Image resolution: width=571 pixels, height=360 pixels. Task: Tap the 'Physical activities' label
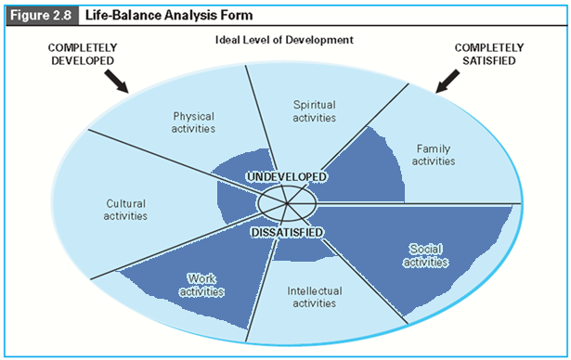click(x=193, y=122)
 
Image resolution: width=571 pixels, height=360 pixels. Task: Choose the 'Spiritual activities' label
click(x=314, y=111)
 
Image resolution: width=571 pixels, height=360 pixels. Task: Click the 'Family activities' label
click(x=435, y=154)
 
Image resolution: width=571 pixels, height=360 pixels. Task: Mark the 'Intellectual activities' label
click(x=314, y=297)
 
